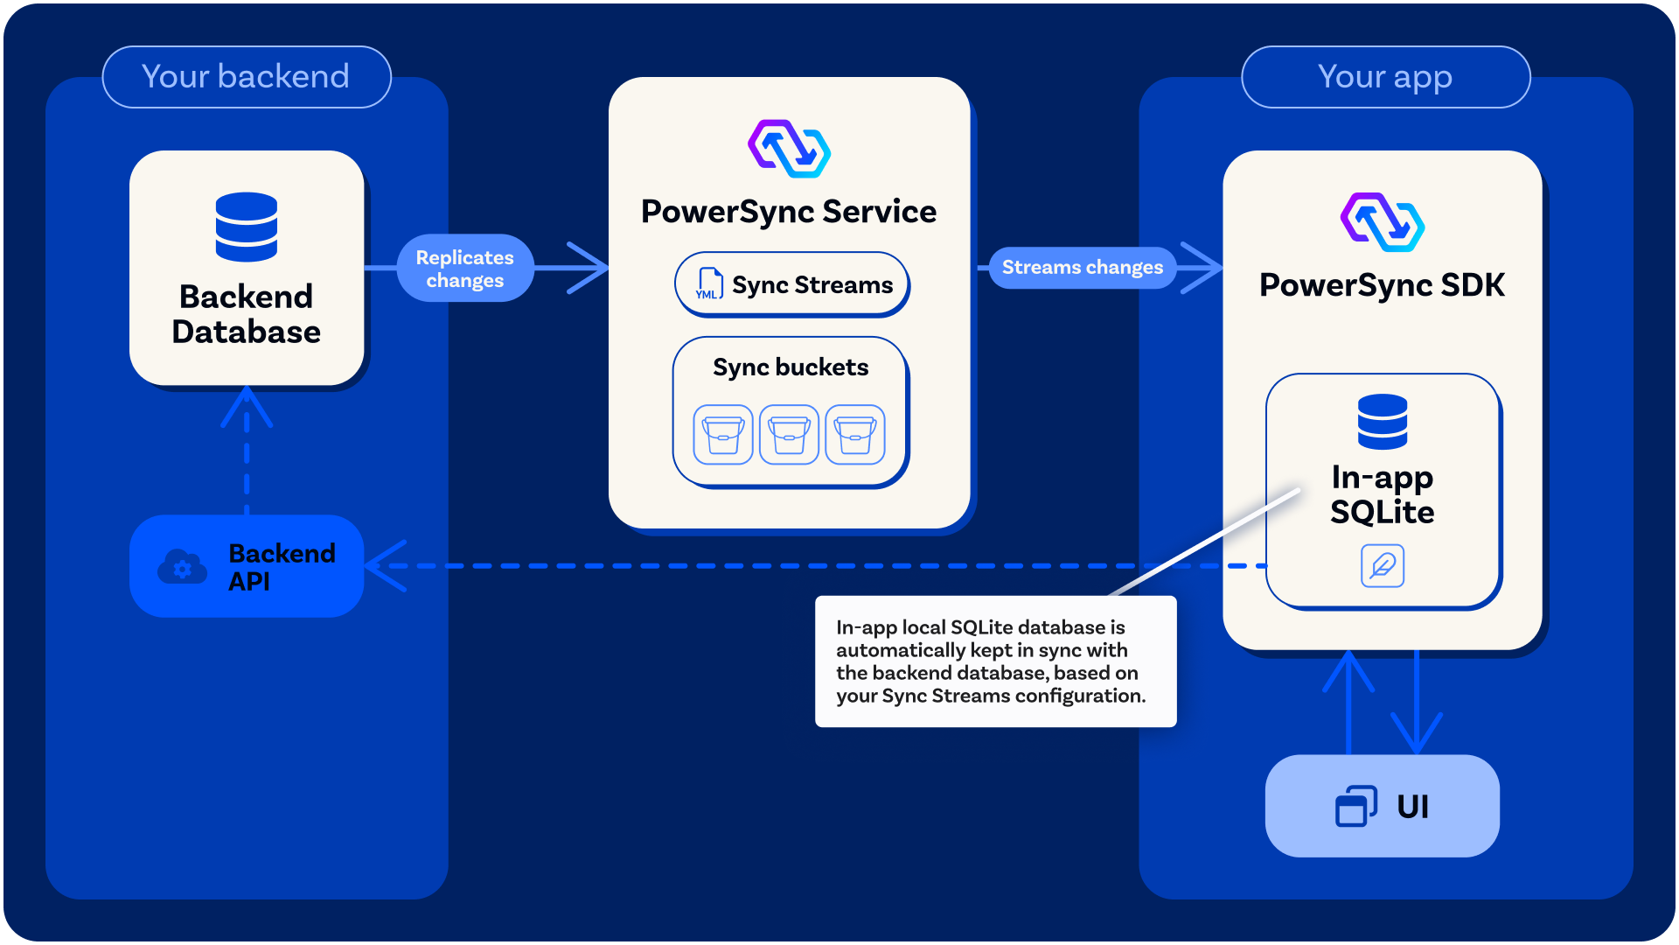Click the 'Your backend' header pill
click(246, 77)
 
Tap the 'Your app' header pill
click(1385, 77)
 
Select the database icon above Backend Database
click(247, 227)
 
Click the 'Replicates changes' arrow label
click(464, 269)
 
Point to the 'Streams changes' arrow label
click(1082, 267)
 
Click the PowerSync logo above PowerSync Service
click(789, 149)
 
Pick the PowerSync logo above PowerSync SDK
click(1382, 222)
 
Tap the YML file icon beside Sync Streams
click(708, 284)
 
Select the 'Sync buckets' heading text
click(791, 367)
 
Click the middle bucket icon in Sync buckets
click(789, 434)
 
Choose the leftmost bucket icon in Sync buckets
click(723, 434)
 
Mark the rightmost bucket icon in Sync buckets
click(855, 434)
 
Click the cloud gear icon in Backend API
click(182, 567)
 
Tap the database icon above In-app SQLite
click(1383, 422)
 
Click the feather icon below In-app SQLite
click(1383, 566)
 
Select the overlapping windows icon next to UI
click(1355, 806)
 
